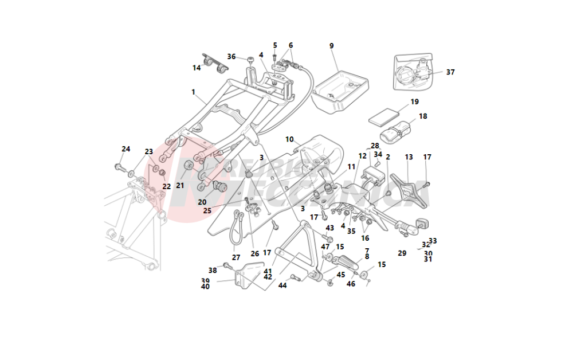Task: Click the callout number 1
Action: [x=193, y=92]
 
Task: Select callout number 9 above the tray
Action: [x=331, y=45]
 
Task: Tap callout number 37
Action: [x=450, y=72]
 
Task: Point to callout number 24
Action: [x=125, y=149]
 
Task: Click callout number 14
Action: [x=197, y=68]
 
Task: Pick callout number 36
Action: [x=231, y=57]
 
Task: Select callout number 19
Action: [x=414, y=102]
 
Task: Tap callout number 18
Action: [x=423, y=116]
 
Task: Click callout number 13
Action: [x=409, y=156]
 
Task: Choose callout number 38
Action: [x=213, y=270]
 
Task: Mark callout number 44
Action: [x=282, y=285]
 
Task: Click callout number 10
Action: [x=289, y=139]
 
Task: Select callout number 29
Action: [x=402, y=253]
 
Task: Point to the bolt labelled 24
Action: [x=120, y=167]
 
